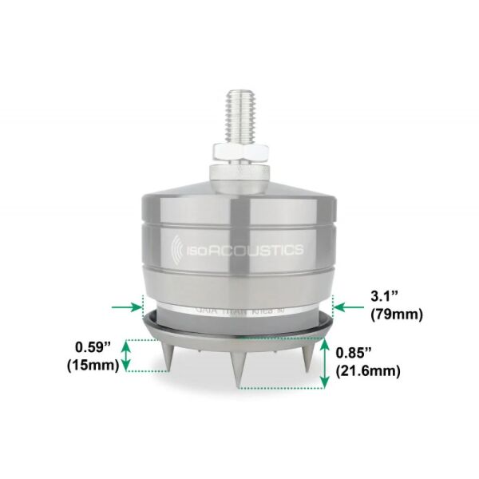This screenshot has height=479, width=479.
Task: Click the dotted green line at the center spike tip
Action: (x=279, y=388)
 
